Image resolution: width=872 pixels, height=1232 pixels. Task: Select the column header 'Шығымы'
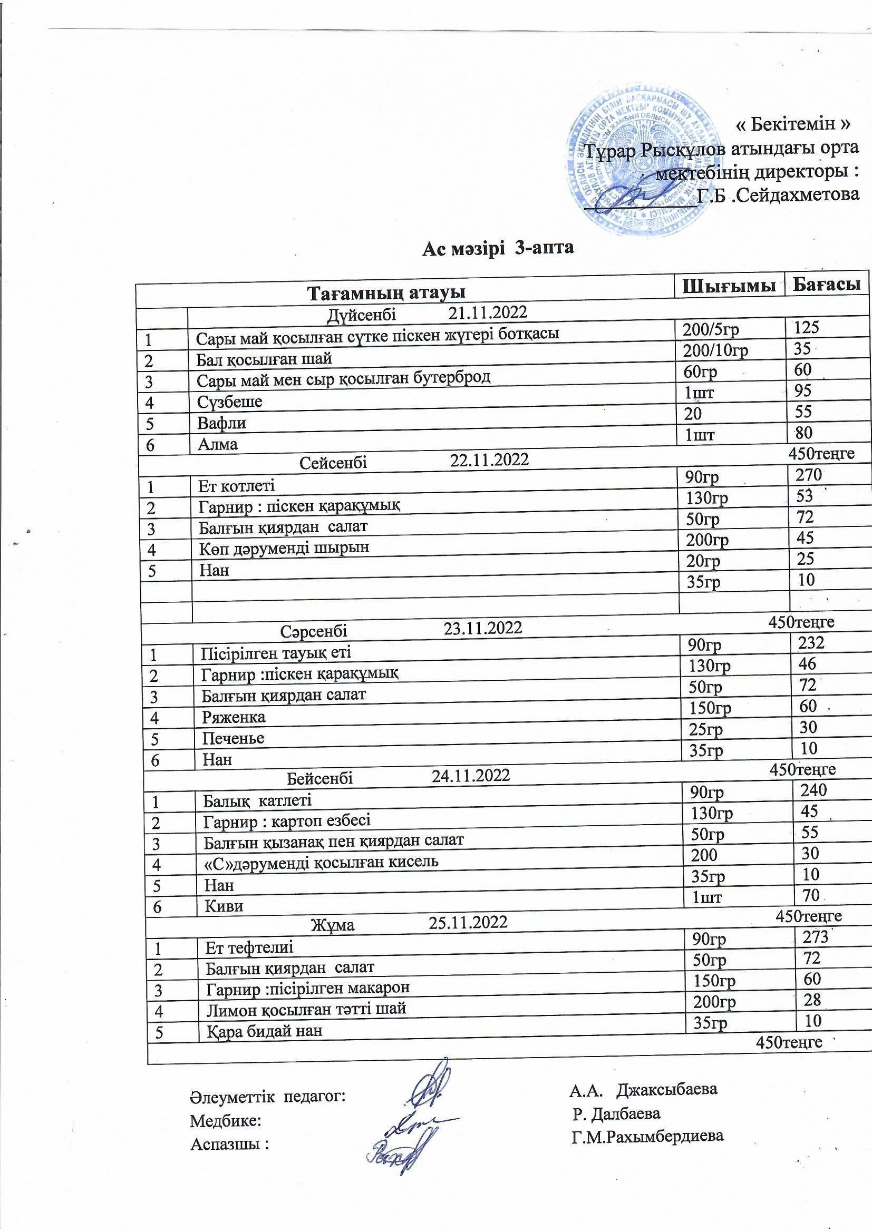[729, 286]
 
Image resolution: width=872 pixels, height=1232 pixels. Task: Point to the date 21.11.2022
[488, 312]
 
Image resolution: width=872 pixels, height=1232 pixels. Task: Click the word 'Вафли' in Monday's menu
[221, 423]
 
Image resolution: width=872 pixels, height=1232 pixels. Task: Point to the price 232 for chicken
[811, 643]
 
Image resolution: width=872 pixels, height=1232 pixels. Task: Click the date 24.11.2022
[470, 775]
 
